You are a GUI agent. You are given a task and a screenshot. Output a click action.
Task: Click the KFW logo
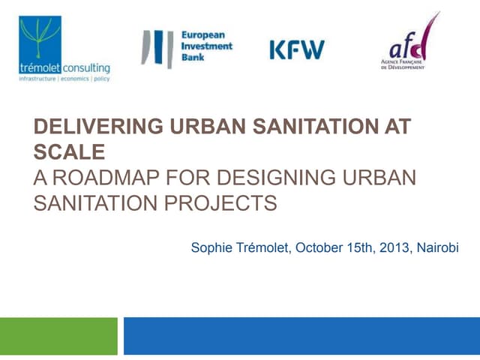297,49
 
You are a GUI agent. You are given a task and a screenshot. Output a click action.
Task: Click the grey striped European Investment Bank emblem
158,49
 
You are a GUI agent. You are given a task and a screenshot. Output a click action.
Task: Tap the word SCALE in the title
68,152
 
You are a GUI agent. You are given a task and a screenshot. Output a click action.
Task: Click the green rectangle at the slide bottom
58,336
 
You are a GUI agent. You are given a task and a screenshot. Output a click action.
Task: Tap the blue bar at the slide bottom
301,336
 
